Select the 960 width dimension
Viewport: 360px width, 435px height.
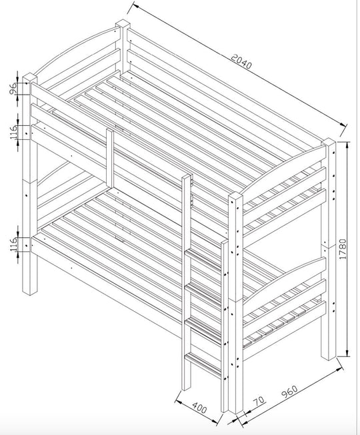tap(289, 394)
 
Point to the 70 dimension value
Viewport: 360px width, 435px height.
tap(258, 402)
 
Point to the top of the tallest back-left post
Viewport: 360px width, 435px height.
tap(123, 27)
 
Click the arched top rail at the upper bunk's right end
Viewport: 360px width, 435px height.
tap(287, 171)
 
